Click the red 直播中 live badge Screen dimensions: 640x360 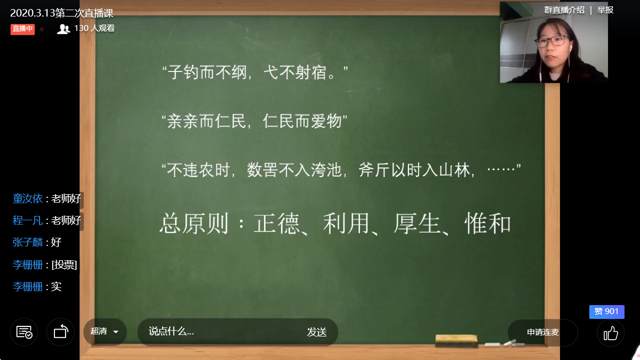[22, 29]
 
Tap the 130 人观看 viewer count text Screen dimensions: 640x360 [94, 28]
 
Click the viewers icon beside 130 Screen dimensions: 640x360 [63, 29]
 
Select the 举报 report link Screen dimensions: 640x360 [605, 10]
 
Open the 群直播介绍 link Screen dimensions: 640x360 [564, 10]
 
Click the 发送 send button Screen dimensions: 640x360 [317, 332]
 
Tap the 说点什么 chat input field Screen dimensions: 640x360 [223, 332]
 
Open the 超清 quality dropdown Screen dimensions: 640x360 [105, 332]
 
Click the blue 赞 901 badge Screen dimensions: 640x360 [606, 311]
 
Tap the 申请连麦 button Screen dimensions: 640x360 [542, 332]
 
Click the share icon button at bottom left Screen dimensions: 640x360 [61, 332]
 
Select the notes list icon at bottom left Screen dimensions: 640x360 [24, 332]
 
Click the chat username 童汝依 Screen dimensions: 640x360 [28, 198]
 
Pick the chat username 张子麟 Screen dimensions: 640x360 [28, 242]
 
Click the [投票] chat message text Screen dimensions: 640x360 [64, 265]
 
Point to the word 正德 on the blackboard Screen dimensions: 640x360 [277, 223]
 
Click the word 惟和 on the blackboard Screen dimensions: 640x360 [487, 223]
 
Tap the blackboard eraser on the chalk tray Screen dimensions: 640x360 [457, 341]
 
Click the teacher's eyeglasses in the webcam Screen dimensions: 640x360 [551, 41]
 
